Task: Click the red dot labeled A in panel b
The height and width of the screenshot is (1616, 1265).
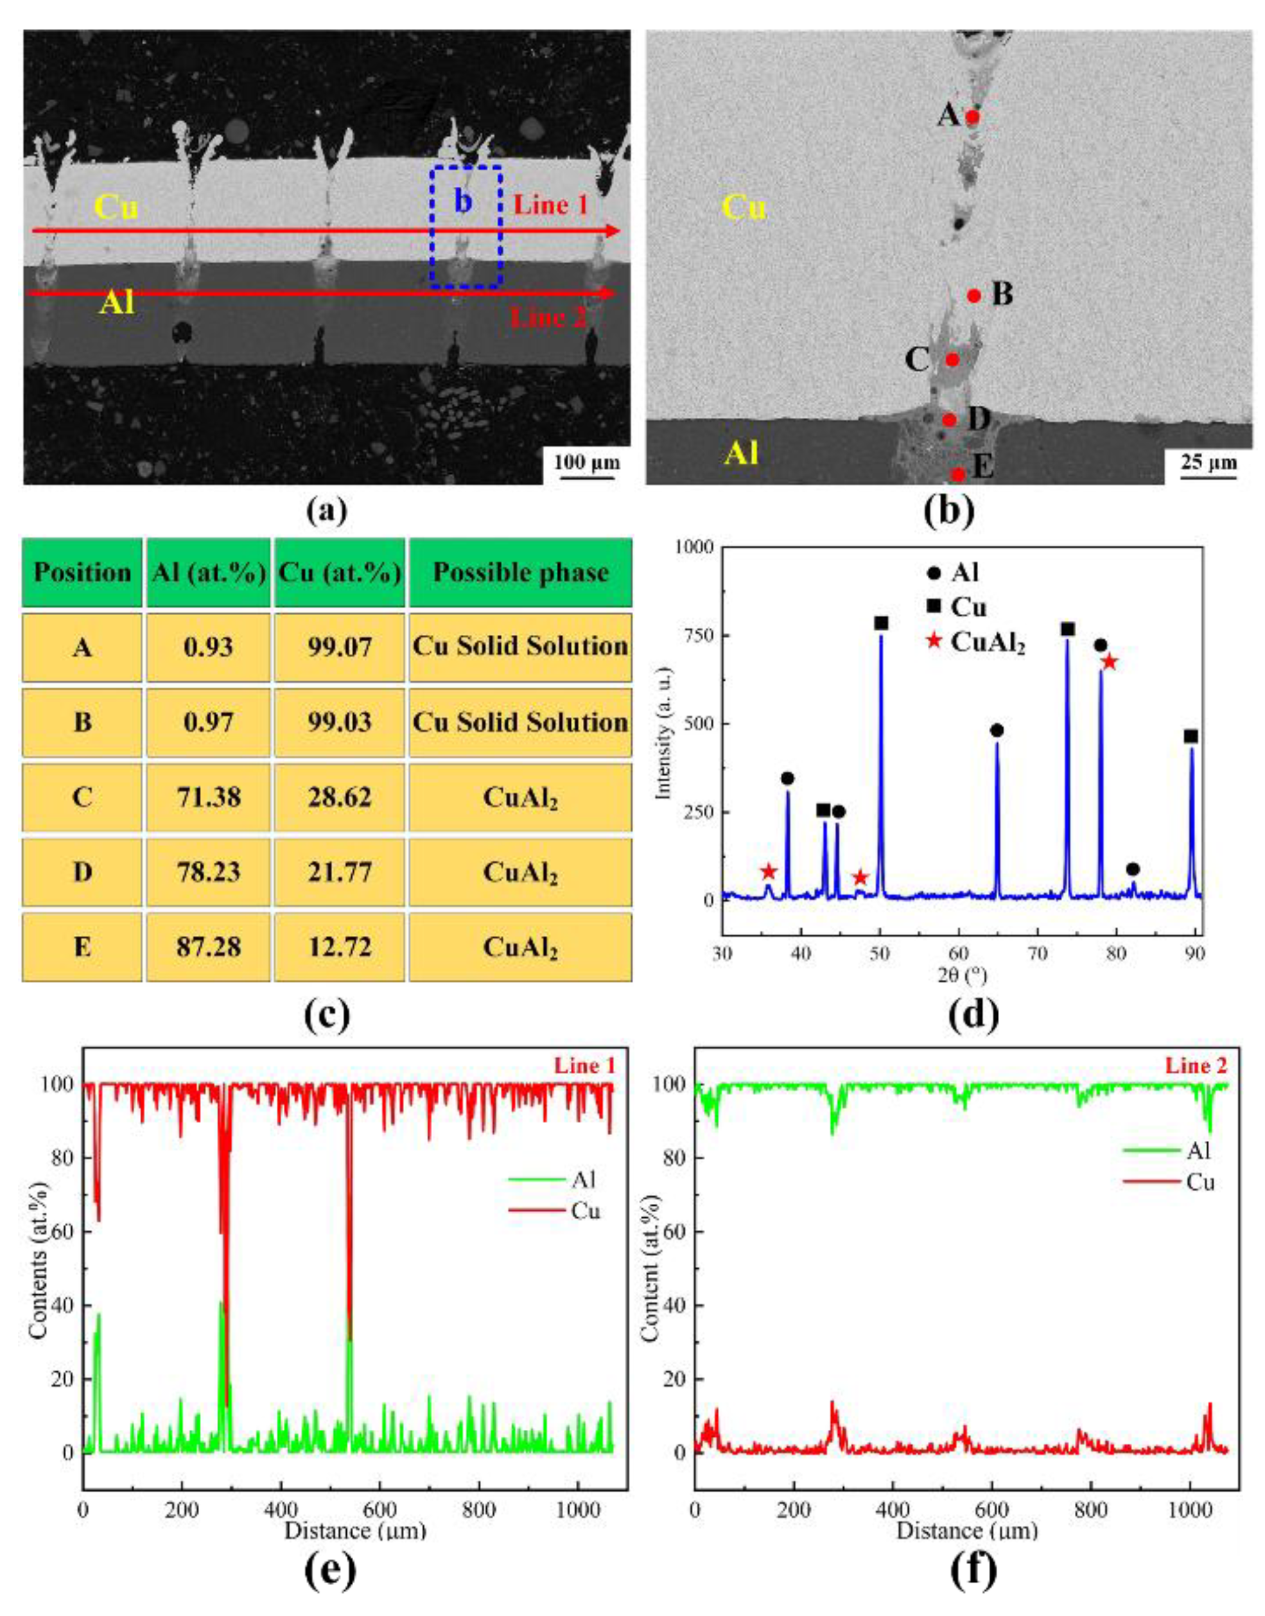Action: (972, 116)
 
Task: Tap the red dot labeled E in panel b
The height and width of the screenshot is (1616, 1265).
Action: (957, 473)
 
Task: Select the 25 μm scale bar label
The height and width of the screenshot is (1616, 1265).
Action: (1208, 463)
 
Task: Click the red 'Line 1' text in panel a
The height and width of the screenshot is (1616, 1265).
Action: (550, 204)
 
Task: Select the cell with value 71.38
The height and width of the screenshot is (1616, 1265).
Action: (208, 797)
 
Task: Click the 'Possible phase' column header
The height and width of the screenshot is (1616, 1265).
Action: (521, 573)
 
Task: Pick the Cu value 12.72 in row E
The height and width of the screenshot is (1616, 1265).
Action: (339, 947)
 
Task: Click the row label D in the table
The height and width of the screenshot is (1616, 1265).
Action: (82, 873)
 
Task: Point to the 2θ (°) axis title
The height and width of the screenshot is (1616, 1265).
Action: (961, 975)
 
